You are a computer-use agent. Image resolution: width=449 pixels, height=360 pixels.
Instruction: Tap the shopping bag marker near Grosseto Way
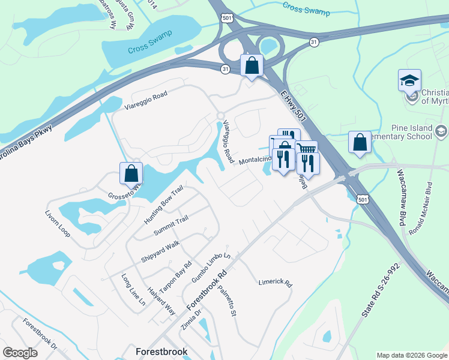coord(131,173)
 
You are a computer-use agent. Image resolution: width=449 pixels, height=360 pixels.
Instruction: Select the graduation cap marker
coord(409,80)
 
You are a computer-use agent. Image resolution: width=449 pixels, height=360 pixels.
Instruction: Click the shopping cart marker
coord(306,151)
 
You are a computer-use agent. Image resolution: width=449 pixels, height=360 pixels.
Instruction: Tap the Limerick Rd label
coord(275,282)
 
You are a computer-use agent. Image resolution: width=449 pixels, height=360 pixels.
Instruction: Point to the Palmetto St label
coord(228,302)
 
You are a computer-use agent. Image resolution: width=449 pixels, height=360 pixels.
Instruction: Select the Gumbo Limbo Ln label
coord(211,268)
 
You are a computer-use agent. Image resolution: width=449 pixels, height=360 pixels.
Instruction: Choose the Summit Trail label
coord(171,226)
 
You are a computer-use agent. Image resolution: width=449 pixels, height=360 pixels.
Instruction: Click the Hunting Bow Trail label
coord(163,205)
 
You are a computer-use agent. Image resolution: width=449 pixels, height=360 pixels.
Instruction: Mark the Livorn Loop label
coord(58,222)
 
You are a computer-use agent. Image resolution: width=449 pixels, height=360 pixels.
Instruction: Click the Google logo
coord(20,353)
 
